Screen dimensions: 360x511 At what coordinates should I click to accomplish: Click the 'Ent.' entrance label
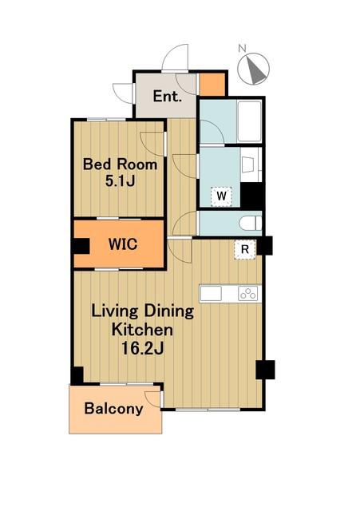pos(167,96)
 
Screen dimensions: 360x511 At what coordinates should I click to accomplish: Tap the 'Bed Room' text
pos(120,164)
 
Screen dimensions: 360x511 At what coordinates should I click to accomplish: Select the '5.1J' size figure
pos(120,181)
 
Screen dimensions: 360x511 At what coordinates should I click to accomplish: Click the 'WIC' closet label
pos(123,244)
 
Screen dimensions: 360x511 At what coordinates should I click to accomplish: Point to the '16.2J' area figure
pos(142,348)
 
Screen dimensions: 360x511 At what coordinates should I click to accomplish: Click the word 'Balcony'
pos(113,409)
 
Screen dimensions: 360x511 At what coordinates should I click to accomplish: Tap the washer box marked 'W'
pos(222,196)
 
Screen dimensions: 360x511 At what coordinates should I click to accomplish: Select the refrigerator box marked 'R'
pos(245,250)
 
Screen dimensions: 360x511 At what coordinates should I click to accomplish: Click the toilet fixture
pos(250,224)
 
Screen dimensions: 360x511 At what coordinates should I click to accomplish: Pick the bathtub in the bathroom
pos(250,121)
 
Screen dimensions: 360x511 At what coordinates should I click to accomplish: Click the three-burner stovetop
pos(248,294)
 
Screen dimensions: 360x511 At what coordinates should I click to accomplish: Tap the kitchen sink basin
pos(211,294)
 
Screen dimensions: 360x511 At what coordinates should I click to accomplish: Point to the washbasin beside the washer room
pos(251,164)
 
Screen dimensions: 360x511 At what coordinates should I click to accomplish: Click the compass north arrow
pos(255,69)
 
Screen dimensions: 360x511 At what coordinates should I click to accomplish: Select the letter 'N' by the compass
pos(242,49)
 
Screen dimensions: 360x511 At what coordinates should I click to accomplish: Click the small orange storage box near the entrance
pos(212,85)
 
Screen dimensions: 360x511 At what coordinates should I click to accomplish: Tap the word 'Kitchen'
pos(142,330)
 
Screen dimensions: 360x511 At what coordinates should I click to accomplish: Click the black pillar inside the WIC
pos(81,246)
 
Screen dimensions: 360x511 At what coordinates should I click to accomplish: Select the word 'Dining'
pos(169,311)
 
